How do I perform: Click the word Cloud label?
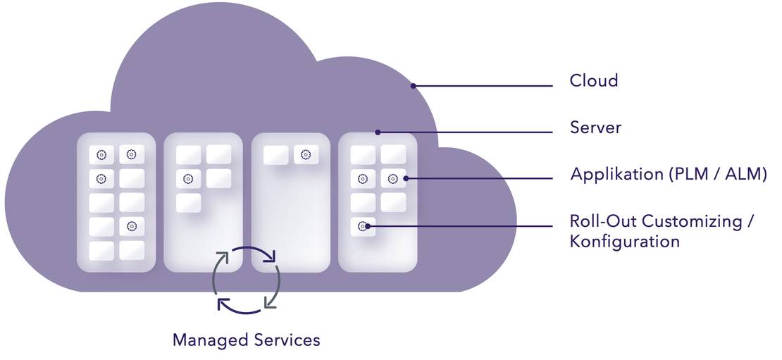tap(594, 80)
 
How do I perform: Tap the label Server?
tap(595, 128)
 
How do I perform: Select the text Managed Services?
tap(246, 340)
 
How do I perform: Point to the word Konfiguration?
tap(625, 242)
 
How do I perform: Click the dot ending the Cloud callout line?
tap(414, 86)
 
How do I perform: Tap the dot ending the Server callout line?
tap(378, 132)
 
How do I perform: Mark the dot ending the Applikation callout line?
tap(407, 178)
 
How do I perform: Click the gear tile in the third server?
tap(306, 155)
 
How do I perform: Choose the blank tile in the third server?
tap(275, 155)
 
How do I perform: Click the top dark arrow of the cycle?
tap(252, 254)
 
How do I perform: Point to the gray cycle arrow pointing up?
tap(219, 275)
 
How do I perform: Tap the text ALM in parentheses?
tap(742, 174)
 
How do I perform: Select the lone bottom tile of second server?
tap(188, 203)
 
